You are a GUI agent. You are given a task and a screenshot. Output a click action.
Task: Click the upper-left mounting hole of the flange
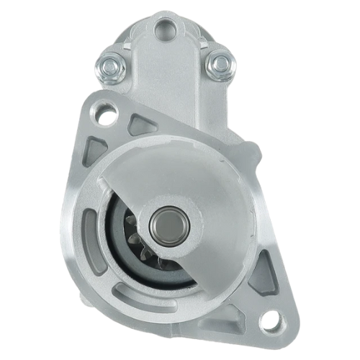point(107,112)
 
